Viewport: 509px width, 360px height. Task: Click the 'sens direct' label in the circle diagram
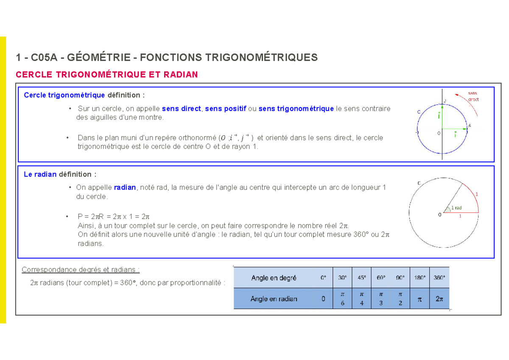473,96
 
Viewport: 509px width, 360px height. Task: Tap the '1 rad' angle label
456,208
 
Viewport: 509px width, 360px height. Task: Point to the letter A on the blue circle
470,126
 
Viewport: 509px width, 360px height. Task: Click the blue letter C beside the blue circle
419,112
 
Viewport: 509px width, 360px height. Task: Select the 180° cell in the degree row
420,278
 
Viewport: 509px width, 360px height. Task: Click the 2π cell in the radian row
439,299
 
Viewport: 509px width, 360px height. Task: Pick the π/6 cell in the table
343,299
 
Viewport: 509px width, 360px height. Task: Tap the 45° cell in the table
361,278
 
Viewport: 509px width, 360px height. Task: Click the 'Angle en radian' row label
274,299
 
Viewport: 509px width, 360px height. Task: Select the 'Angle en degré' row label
274,278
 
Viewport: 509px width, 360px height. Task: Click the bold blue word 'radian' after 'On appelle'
125,187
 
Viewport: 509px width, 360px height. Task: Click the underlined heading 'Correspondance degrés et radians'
81,270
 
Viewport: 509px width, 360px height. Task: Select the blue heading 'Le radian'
40,174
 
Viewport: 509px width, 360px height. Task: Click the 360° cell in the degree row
439,278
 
